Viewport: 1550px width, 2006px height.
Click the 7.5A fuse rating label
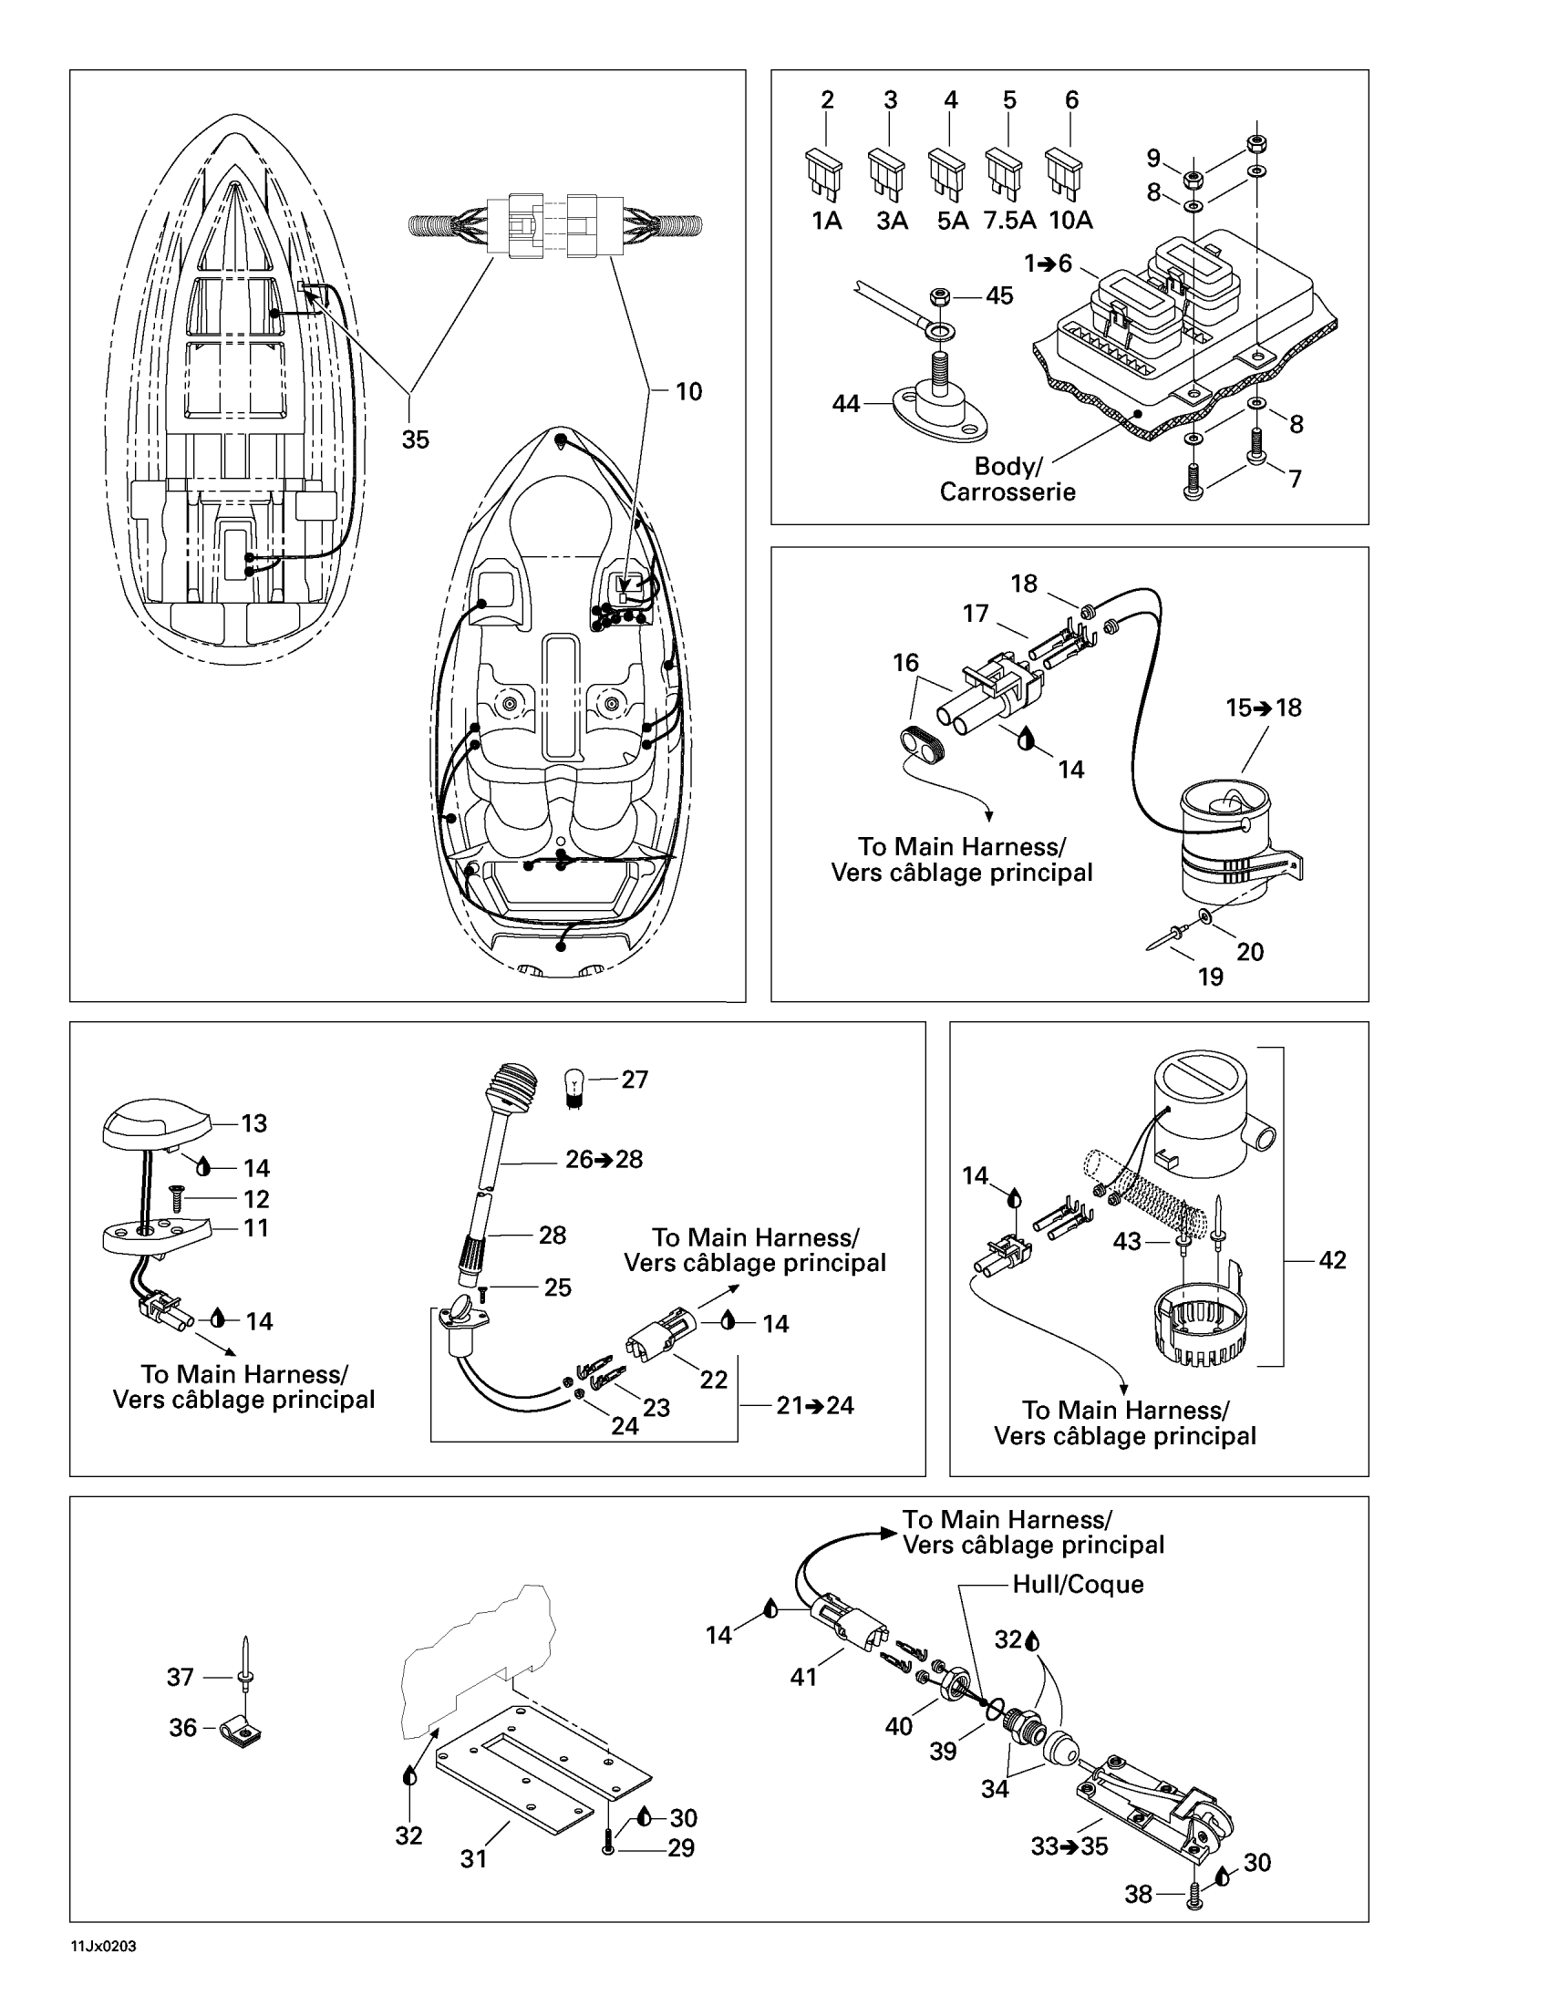coord(1009,221)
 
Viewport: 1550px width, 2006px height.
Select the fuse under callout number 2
coord(824,173)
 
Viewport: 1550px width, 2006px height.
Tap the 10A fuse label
coord(1070,221)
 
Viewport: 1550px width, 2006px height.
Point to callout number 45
coord(999,295)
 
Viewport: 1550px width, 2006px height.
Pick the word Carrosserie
coord(1007,492)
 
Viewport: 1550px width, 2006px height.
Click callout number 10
coord(688,392)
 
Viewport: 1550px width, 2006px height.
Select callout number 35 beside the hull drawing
coord(415,440)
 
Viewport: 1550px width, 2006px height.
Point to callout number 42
coord(1332,1260)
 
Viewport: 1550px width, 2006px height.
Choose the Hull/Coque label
coord(1078,1585)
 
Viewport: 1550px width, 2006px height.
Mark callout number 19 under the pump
coord(1210,977)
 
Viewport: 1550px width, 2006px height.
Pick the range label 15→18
coord(1264,708)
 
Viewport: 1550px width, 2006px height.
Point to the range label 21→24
coord(814,1405)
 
